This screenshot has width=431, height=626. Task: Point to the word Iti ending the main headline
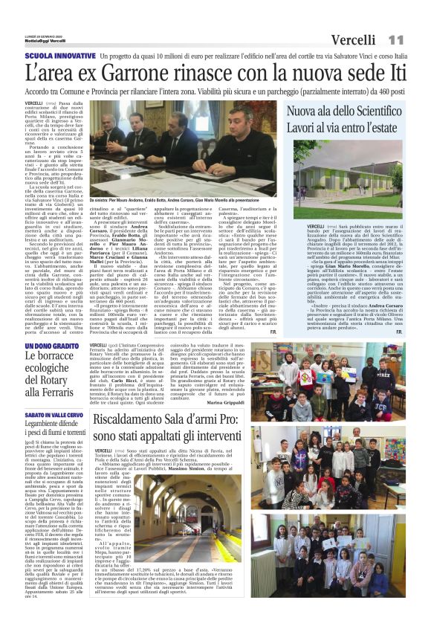392,74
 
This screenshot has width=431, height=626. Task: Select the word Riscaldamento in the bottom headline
140,422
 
